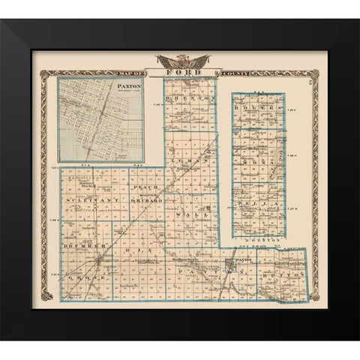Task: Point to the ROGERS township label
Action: click(259, 109)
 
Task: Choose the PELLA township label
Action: click(259, 203)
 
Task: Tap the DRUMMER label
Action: click(80, 246)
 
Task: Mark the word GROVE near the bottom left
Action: click(79, 277)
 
